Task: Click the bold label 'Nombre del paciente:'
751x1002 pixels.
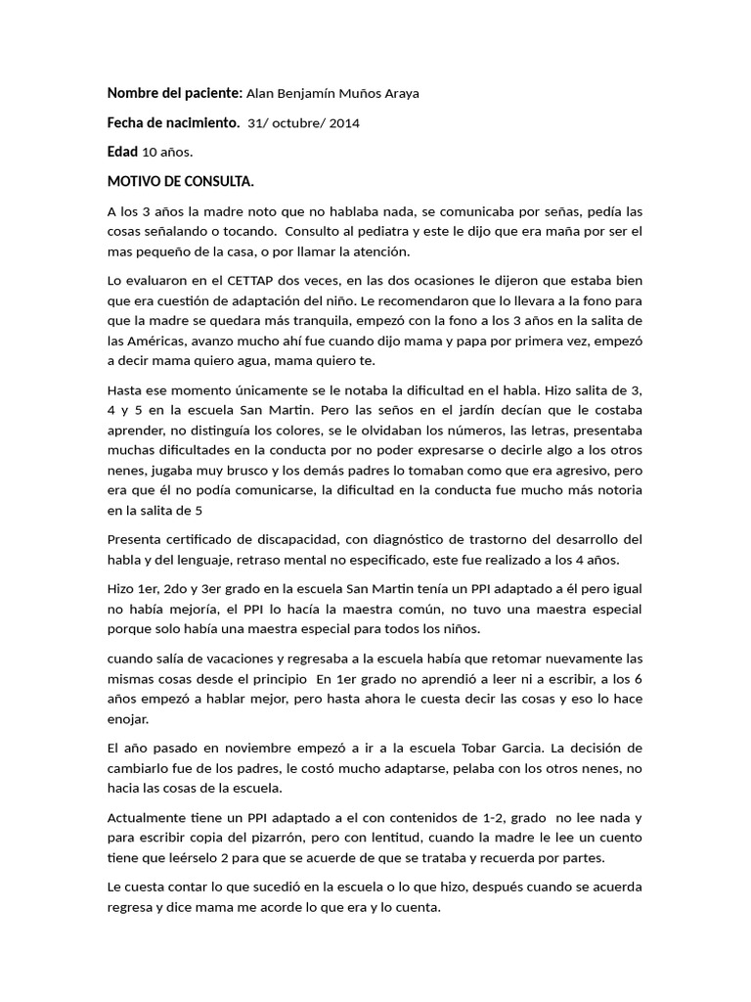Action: [174, 93]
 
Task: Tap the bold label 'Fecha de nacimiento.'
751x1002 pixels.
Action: [173, 123]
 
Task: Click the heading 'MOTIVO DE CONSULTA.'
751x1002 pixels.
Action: [181, 182]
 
